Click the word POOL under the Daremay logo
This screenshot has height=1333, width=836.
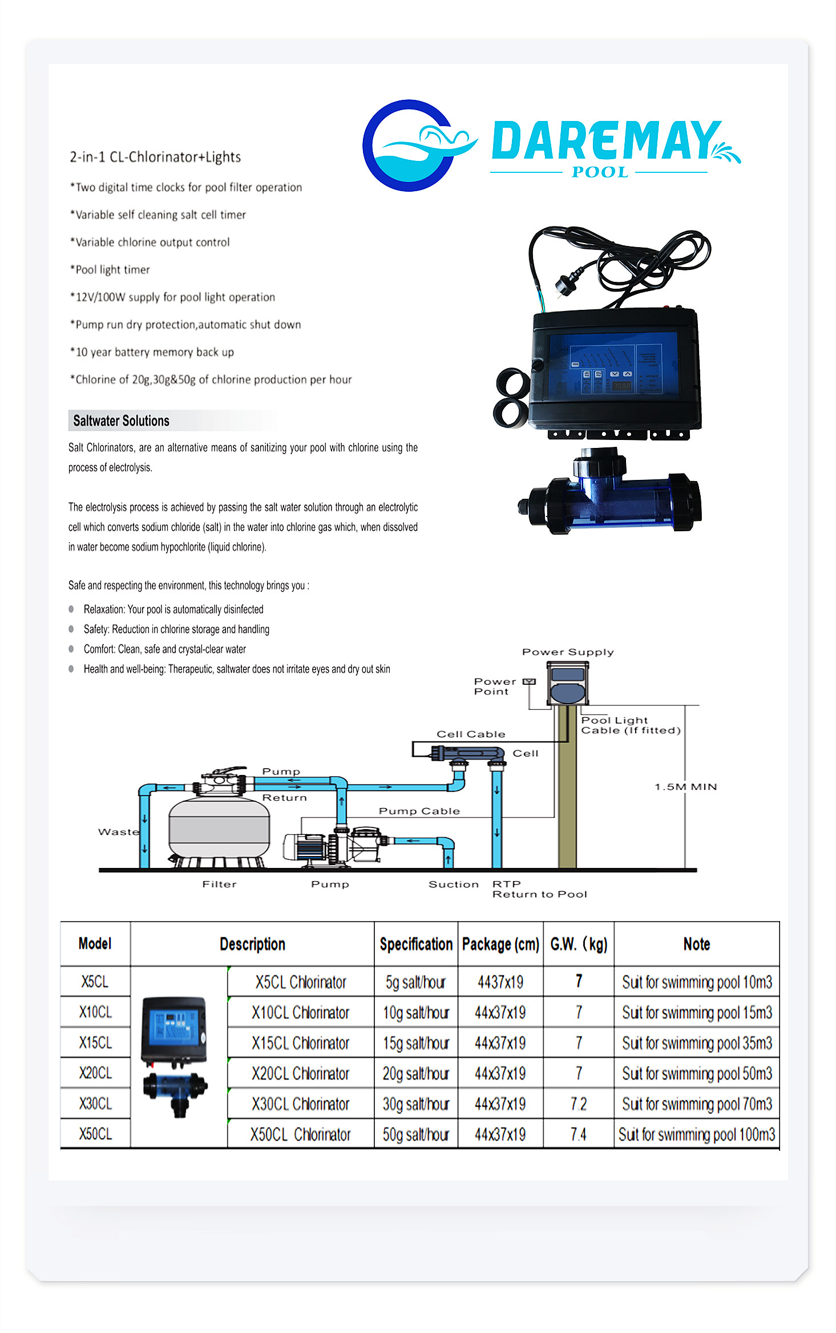pos(600,172)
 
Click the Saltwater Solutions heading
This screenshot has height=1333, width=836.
pos(121,421)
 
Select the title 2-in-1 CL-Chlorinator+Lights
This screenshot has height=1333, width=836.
pos(155,157)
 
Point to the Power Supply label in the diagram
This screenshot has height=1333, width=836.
pos(568,652)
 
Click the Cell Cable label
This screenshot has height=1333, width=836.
pos(471,734)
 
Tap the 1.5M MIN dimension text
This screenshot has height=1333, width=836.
pos(685,786)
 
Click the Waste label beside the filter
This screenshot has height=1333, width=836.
pos(118,831)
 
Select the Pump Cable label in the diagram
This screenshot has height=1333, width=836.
pos(419,811)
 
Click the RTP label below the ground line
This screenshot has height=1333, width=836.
pos(506,884)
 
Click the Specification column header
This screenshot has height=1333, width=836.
pos(416,944)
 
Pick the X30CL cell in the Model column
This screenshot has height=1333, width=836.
pos(95,1104)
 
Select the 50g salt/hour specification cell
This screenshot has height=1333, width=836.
pos(416,1134)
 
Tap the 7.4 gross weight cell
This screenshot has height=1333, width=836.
pos(578,1134)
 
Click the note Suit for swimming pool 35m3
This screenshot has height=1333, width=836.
pos(697,1043)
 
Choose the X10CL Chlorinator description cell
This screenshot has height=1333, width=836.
pos(300,1012)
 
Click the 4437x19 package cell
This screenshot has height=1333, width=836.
pos(500,982)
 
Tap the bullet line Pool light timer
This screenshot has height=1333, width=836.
pos(112,269)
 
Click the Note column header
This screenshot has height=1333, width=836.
pos(697,944)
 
